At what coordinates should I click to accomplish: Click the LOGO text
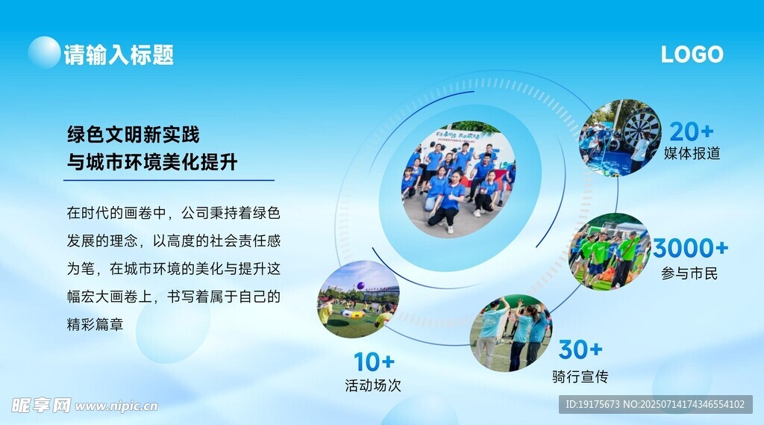tap(692, 55)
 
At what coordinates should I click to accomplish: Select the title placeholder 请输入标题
tap(119, 55)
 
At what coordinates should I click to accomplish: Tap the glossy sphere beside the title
tap(44, 52)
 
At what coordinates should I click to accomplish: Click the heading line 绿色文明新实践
tap(133, 134)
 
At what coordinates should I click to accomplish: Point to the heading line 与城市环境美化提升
tap(152, 162)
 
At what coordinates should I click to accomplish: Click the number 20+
tap(692, 131)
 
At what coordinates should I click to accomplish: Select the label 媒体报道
tap(692, 153)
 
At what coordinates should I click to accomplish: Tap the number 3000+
tap(690, 248)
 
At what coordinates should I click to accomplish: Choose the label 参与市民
tap(689, 273)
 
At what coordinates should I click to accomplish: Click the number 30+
tap(580, 350)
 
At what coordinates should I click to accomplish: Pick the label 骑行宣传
tap(580, 376)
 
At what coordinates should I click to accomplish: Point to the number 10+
tap(374, 362)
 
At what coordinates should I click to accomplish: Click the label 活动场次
tap(373, 385)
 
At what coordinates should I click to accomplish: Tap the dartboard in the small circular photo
tap(642, 127)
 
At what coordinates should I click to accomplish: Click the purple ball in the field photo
tap(361, 285)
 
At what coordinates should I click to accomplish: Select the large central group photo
tap(459, 179)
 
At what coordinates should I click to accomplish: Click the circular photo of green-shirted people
tap(610, 251)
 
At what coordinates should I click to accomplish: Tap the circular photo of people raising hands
tap(510, 333)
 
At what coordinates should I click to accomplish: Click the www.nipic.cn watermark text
tap(116, 406)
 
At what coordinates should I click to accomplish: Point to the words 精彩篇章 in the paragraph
tap(95, 324)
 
